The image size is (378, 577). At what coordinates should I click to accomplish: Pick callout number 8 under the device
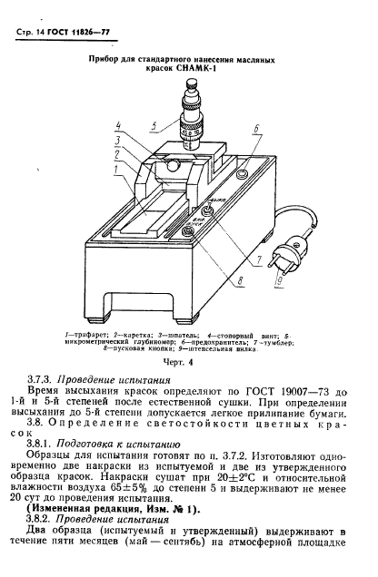tap(238, 281)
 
